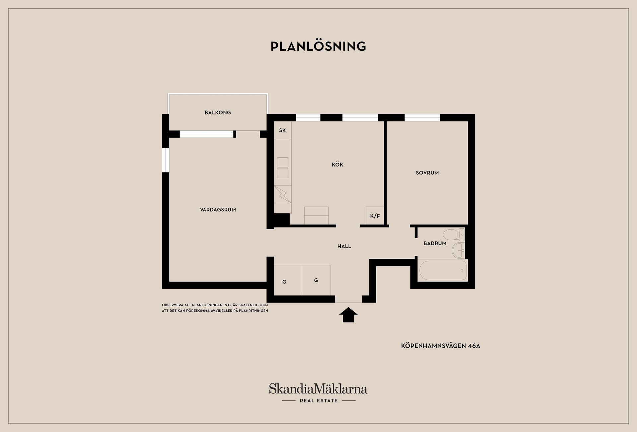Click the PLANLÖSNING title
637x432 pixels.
coord(318,46)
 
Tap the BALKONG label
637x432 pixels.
coord(218,112)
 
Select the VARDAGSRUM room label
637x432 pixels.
coord(218,210)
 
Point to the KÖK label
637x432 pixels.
coord(337,164)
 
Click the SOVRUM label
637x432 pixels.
coord(427,173)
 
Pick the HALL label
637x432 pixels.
coord(344,246)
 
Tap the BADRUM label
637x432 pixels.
coord(435,243)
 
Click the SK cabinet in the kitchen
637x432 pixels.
coord(283,130)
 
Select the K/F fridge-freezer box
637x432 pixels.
coord(375,216)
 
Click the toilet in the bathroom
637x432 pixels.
coord(454,235)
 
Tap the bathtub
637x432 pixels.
coord(443,270)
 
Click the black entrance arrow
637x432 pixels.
coord(348,315)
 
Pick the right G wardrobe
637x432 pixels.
coord(316,280)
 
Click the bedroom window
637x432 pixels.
coord(422,117)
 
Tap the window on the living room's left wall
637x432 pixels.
coord(166,160)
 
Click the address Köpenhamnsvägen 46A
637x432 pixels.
coord(441,346)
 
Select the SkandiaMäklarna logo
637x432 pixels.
coord(318,389)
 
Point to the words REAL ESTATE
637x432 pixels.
coord(319,401)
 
